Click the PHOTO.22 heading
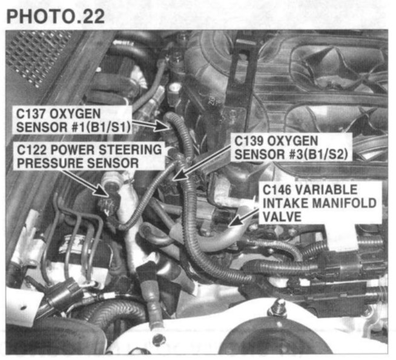pos(56,17)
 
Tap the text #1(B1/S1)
pos(102,127)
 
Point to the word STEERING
pos(130,150)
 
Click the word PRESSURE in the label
pos(49,163)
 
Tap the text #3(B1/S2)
pos(319,154)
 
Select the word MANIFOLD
pos(344,203)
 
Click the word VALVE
pos(282,216)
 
